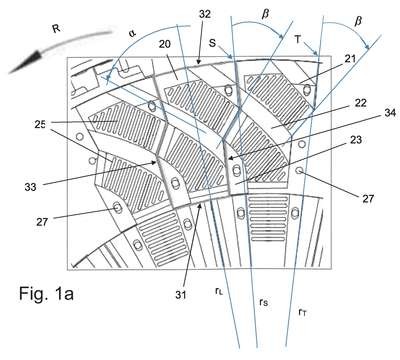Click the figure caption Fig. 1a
click(x=46, y=294)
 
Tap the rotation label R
click(x=56, y=29)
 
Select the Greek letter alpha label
click(x=133, y=34)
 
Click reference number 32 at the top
click(x=205, y=14)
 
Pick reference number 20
click(x=165, y=44)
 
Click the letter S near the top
click(x=213, y=43)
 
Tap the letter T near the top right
click(x=298, y=40)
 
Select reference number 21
click(x=350, y=59)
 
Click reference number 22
click(x=360, y=103)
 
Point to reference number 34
click(x=390, y=113)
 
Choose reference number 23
click(x=356, y=139)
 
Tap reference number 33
click(x=30, y=187)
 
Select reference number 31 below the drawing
click(x=180, y=295)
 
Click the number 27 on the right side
click(x=368, y=199)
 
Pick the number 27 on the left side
click(x=42, y=222)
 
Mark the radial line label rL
click(x=219, y=291)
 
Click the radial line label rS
click(x=263, y=302)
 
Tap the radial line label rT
click(x=302, y=312)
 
